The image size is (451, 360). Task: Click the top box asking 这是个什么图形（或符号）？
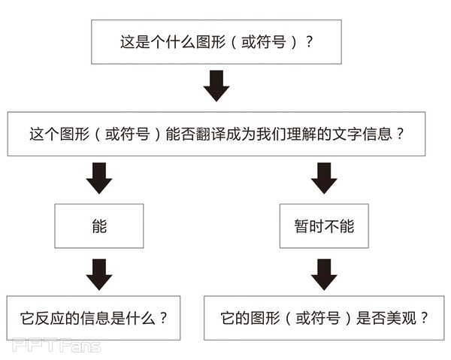coord(216,42)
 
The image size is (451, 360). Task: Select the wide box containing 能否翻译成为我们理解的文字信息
coord(216,135)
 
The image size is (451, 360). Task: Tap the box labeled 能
coord(98,225)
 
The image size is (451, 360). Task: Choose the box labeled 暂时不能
coord(324,225)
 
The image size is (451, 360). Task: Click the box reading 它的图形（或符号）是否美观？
coord(324,317)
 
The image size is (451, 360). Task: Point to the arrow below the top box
coord(216,86)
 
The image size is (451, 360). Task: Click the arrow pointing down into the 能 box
coord(98,177)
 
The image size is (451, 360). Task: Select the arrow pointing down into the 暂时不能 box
coord(324,177)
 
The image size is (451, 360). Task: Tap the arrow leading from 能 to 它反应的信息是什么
coord(98,274)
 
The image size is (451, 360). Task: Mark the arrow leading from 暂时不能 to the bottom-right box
coord(324,274)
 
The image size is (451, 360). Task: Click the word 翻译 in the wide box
coord(213,135)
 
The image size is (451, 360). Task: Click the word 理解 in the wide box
coord(297,135)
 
